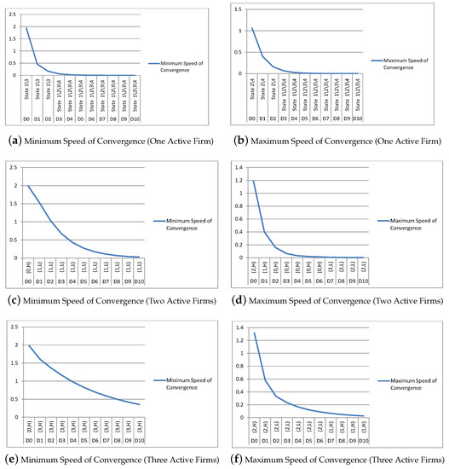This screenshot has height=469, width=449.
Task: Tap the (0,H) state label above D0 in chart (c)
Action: click(27, 267)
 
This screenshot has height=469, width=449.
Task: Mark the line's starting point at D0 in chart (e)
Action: click(27, 345)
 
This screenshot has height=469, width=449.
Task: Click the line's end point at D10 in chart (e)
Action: click(139, 404)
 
